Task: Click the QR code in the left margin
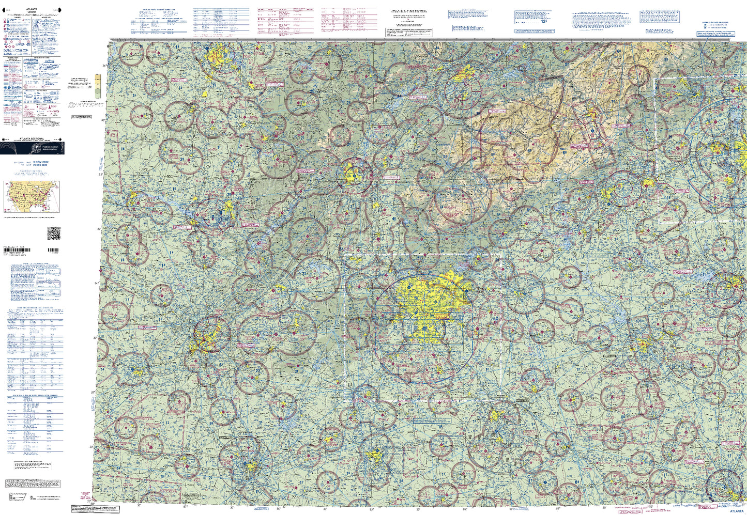tap(54, 233)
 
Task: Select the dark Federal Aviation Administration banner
tap(32, 148)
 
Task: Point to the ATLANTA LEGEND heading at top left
tap(32, 10)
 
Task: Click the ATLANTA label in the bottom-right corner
tap(736, 511)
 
